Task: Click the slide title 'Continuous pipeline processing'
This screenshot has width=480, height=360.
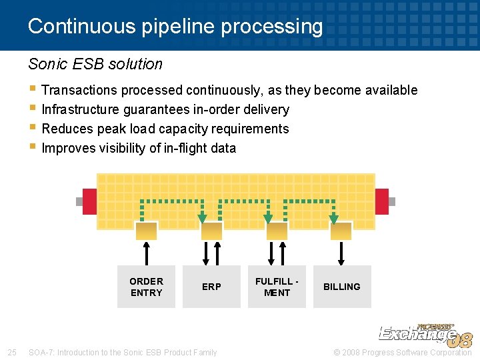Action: [x=175, y=27]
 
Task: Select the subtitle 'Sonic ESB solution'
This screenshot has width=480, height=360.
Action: [x=95, y=64]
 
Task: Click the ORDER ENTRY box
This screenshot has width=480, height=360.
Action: [x=146, y=287]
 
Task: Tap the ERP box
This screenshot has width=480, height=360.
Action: [x=211, y=287]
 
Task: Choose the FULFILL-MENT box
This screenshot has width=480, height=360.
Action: [x=277, y=287]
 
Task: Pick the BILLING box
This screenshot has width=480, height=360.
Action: [x=341, y=287]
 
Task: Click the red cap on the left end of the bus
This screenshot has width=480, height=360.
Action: [x=89, y=201]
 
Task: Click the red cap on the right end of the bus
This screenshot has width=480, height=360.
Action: [x=381, y=201]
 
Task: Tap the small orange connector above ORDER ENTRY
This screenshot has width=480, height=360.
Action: [x=146, y=231]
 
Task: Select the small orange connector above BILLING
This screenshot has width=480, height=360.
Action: [x=341, y=231]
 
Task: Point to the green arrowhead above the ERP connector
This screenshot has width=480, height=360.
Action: [x=203, y=218]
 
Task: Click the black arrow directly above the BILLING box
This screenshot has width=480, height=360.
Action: [x=341, y=253]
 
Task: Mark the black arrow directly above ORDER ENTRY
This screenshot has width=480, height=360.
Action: [x=146, y=253]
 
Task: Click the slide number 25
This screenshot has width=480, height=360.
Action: [x=11, y=352]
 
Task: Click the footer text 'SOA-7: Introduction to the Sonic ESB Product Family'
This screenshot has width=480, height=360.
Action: [x=123, y=352]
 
